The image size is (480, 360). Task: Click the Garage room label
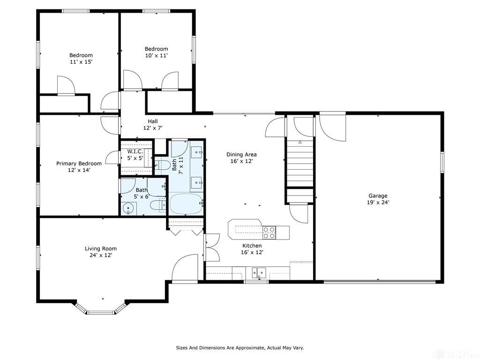tap(378, 195)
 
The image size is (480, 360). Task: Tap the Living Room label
tap(101, 248)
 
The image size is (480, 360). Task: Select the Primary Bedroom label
tap(79, 164)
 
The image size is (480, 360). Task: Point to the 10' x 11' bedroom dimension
tap(156, 55)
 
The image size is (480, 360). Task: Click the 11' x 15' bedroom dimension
tap(81, 62)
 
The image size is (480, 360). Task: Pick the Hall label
tap(153, 121)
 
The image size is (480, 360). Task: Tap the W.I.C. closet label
tap(135, 151)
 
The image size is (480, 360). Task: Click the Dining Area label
tap(241, 155)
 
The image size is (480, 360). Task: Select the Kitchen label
tap(252, 246)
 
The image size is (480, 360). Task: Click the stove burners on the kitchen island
tap(269, 232)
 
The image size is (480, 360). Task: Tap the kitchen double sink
tap(259, 272)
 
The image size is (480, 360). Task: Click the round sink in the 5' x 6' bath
tap(127, 209)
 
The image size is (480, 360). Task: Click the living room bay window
tap(100, 308)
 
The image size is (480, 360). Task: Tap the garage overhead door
tap(380, 281)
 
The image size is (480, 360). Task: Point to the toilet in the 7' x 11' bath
tap(162, 165)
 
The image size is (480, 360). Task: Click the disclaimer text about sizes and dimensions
tap(240, 348)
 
